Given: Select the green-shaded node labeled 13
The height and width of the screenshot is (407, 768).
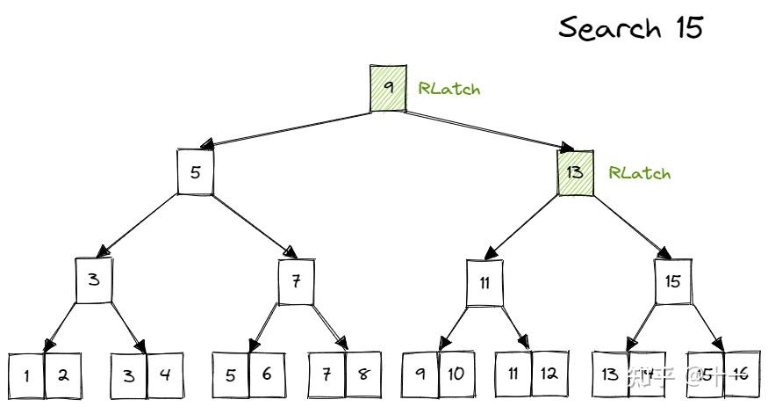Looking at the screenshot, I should pyautogui.click(x=576, y=172).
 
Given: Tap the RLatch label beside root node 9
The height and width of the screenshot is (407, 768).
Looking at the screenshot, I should pyautogui.click(x=449, y=88).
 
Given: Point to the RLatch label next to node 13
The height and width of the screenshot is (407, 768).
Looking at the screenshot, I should pyautogui.click(x=639, y=173).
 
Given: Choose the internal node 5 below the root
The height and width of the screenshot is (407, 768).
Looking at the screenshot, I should pyautogui.click(x=195, y=171).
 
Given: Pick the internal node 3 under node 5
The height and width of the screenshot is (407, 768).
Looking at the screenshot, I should pyautogui.click(x=93, y=281).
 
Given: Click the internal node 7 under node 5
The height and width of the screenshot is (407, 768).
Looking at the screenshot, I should pyautogui.click(x=297, y=281).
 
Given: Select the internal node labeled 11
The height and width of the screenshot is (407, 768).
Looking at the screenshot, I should pyautogui.click(x=484, y=283).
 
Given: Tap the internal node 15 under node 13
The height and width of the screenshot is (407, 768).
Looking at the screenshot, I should pyautogui.click(x=673, y=282).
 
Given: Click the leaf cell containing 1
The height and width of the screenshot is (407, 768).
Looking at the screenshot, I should pyautogui.click(x=27, y=375).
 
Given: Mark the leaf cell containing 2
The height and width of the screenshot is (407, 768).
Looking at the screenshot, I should pyautogui.click(x=63, y=374).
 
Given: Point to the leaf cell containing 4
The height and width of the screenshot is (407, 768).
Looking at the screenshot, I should pyautogui.click(x=165, y=374).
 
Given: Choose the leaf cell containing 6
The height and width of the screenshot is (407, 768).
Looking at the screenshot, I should pyautogui.click(x=267, y=374).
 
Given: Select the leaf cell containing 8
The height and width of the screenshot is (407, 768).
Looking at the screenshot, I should pyautogui.click(x=363, y=374).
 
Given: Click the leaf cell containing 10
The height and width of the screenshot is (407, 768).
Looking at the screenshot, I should pyautogui.click(x=456, y=374).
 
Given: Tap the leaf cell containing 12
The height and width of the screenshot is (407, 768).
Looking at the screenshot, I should pyautogui.click(x=549, y=374).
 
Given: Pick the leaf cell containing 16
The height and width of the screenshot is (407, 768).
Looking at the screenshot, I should pyautogui.click(x=740, y=374).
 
